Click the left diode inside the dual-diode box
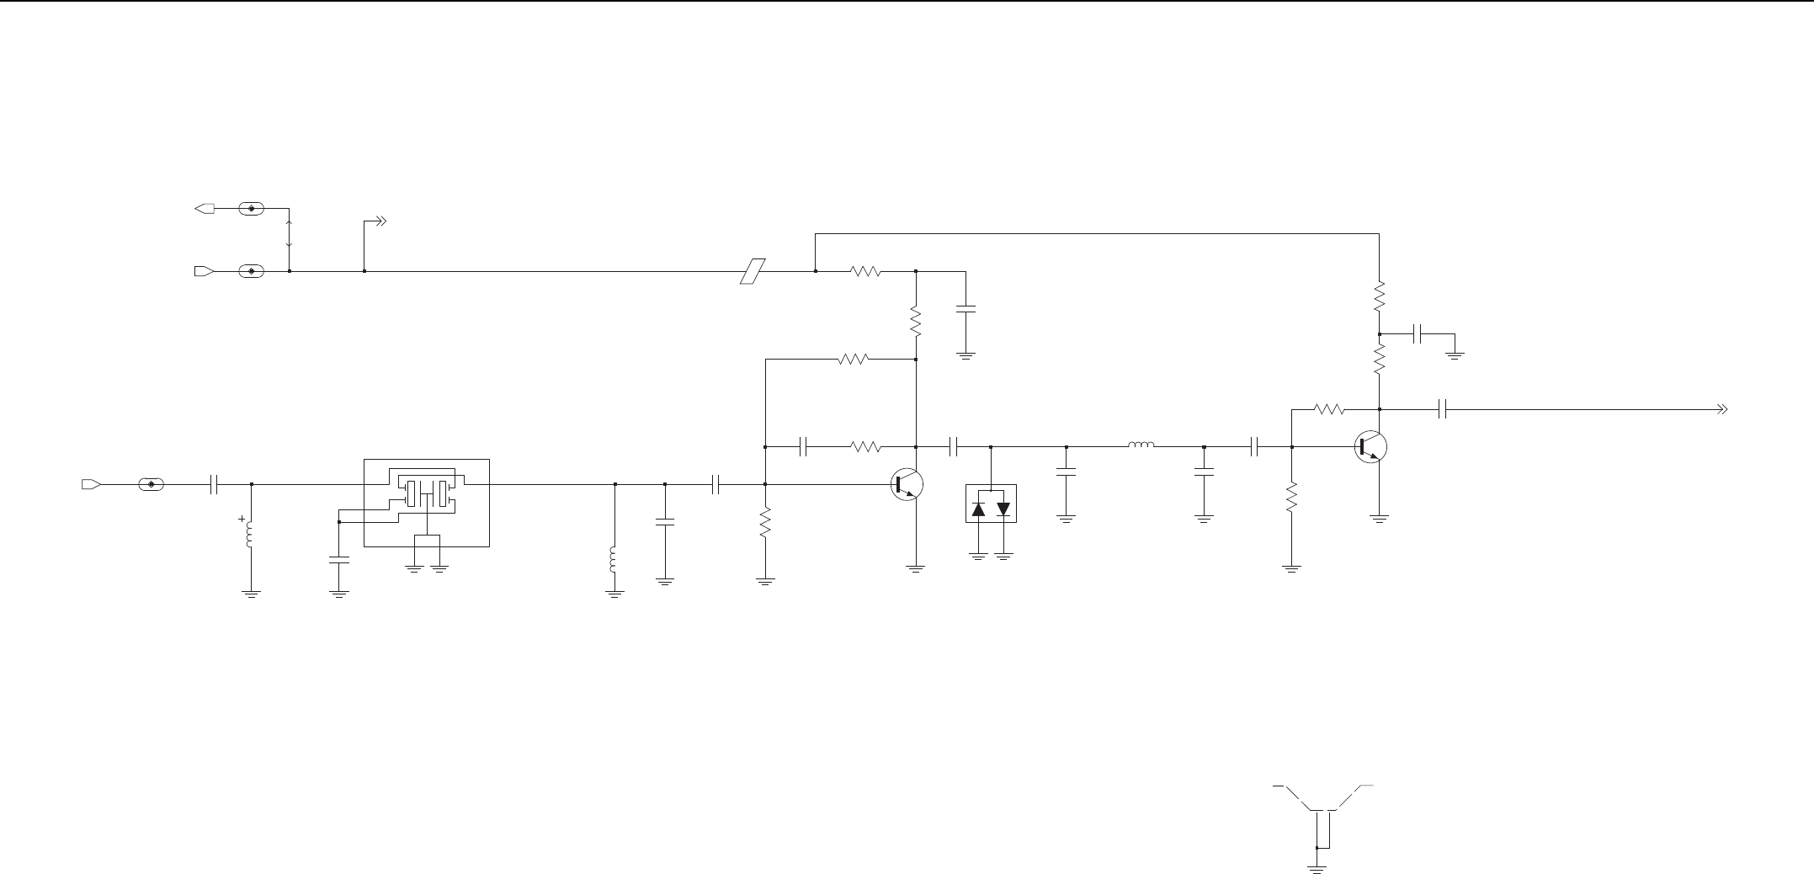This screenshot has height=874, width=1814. tap(978, 509)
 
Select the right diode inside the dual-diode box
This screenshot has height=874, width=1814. tap(1003, 509)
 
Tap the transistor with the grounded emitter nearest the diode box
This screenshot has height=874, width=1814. tap(907, 485)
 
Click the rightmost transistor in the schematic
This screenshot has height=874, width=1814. tap(1370, 446)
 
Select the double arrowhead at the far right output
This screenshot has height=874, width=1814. tap(1722, 410)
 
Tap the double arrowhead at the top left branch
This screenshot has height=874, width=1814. tap(380, 222)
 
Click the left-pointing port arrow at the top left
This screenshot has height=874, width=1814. tap(205, 208)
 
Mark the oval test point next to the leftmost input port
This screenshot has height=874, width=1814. tap(152, 484)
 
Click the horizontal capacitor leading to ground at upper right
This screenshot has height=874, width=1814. tap(1419, 334)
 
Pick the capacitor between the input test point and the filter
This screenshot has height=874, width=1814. tap(215, 484)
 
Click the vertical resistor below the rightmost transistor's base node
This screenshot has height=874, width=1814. tap(1290, 497)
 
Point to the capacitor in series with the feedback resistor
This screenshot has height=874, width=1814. tap(804, 446)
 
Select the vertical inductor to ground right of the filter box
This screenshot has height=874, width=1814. tap(614, 561)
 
